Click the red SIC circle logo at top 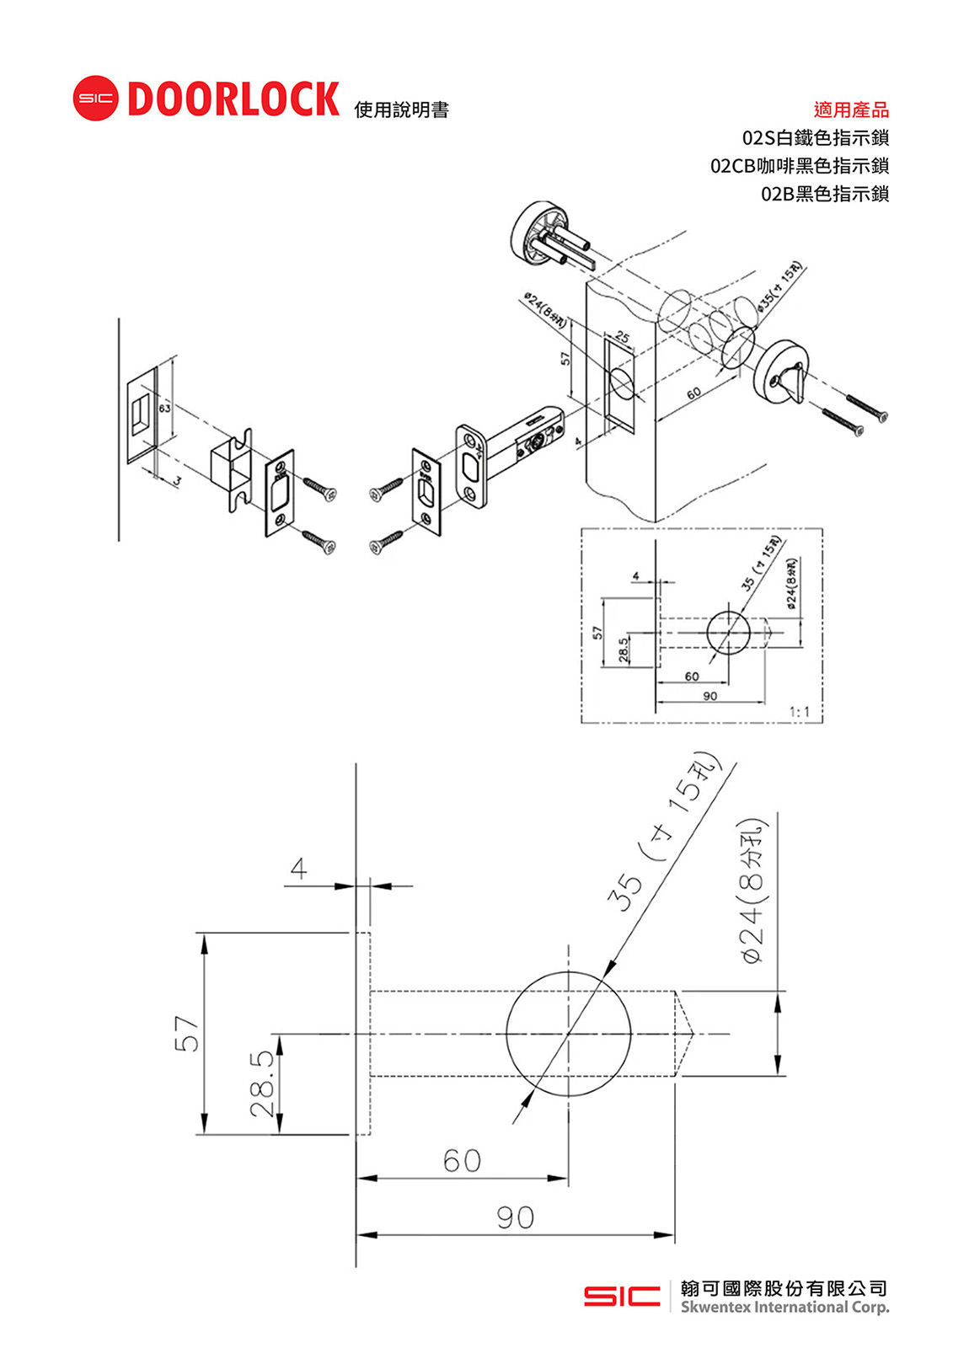pyautogui.click(x=95, y=99)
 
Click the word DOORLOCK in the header pyautogui.click(x=233, y=99)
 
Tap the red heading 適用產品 pyautogui.click(x=851, y=110)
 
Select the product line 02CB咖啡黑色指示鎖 pyautogui.click(x=799, y=166)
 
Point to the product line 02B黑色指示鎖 pyautogui.click(x=824, y=194)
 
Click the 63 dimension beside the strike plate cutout pyautogui.click(x=164, y=408)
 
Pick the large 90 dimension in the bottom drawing pyautogui.click(x=515, y=1217)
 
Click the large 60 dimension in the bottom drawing pyautogui.click(x=462, y=1161)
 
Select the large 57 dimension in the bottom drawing pyautogui.click(x=187, y=1034)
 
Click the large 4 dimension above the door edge pyautogui.click(x=298, y=869)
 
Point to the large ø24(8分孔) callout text pyautogui.click(x=752, y=890)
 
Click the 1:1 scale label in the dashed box pyautogui.click(x=800, y=713)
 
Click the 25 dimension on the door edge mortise pyautogui.click(x=622, y=338)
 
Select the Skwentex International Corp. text pyautogui.click(x=784, y=1308)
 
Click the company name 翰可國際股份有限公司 pyautogui.click(x=784, y=1288)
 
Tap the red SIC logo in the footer pyautogui.click(x=622, y=1296)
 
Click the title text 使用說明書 pyautogui.click(x=401, y=110)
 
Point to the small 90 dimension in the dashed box pyautogui.click(x=710, y=696)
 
